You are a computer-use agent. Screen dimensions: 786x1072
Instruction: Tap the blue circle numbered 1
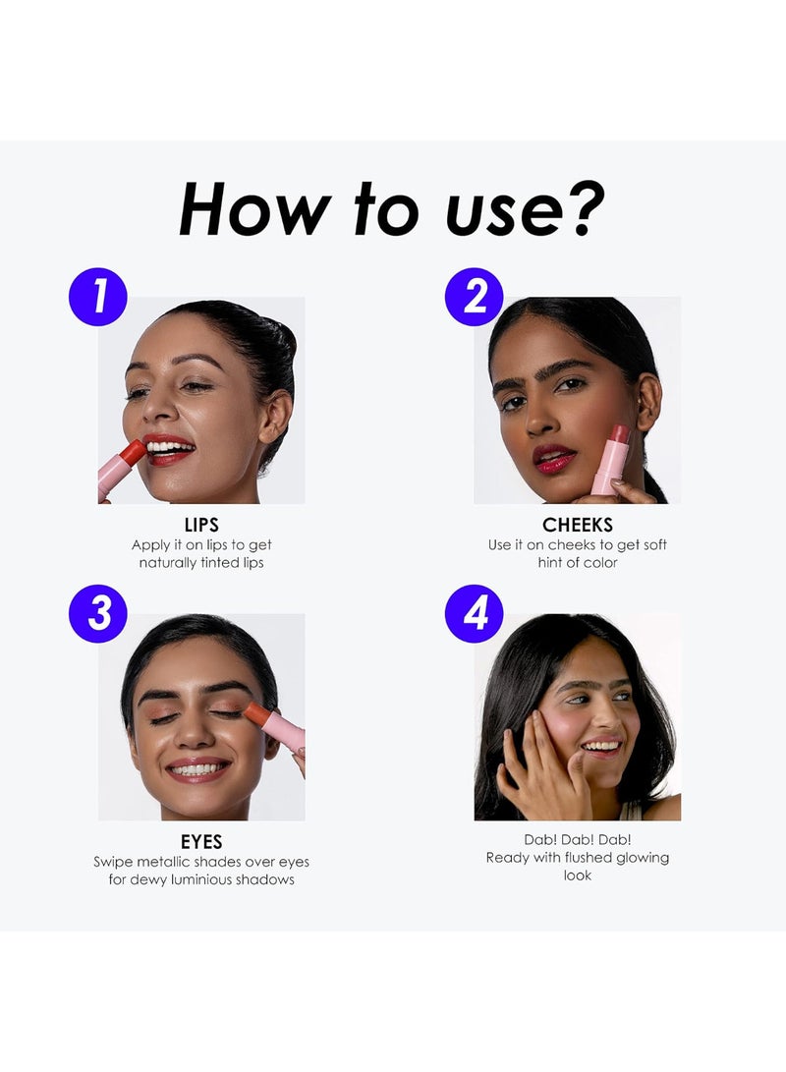(98, 297)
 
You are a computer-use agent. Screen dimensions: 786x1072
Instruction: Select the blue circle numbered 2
(474, 297)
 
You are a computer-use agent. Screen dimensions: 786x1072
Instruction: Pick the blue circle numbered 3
(98, 613)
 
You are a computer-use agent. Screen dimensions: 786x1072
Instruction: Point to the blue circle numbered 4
(474, 613)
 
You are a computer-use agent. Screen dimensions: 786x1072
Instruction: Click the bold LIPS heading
(201, 525)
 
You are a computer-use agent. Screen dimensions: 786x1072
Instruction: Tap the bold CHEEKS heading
(578, 525)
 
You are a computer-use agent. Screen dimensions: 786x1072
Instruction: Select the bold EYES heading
(201, 842)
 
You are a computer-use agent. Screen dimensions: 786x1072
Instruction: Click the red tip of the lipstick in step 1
(134, 453)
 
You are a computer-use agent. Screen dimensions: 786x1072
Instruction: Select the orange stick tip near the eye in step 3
(255, 713)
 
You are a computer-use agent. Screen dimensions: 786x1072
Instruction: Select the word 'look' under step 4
(578, 875)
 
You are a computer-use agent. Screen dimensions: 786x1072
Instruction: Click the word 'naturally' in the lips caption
(167, 563)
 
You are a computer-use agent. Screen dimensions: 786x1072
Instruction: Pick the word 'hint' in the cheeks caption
(551, 563)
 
